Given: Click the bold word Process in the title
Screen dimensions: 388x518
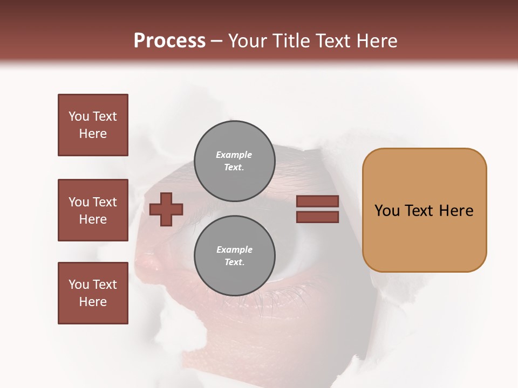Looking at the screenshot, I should pyautogui.click(x=169, y=41).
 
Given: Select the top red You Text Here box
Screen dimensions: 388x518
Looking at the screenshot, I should pyautogui.click(x=93, y=125).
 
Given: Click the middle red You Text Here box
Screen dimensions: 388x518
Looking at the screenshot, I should pyautogui.click(x=93, y=210).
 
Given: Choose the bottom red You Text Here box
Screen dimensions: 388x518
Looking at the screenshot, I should pyautogui.click(x=93, y=293).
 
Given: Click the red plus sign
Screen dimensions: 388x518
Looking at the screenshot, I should pyautogui.click(x=166, y=209).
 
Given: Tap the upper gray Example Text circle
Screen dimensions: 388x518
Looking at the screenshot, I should pyautogui.click(x=234, y=161).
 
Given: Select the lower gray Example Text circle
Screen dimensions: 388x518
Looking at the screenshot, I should pyautogui.click(x=234, y=256).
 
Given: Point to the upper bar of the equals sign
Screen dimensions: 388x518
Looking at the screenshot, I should pyautogui.click(x=317, y=202).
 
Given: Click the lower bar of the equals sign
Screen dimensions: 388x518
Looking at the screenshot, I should pyautogui.click(x=317, y=217).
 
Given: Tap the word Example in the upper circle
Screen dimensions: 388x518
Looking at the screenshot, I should pyautogui.click(x=234, y=155).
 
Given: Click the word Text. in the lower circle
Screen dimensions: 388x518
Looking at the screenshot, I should pyautogui.click(x=234, y=262).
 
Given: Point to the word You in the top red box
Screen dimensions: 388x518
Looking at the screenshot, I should pyautogui.click(x=79, y=116).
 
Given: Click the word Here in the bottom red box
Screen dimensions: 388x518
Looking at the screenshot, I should pyautogui.click(x=93, y=302).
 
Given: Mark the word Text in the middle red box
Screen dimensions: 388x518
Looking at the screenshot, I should pyautogui.click(x=104, y=202).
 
